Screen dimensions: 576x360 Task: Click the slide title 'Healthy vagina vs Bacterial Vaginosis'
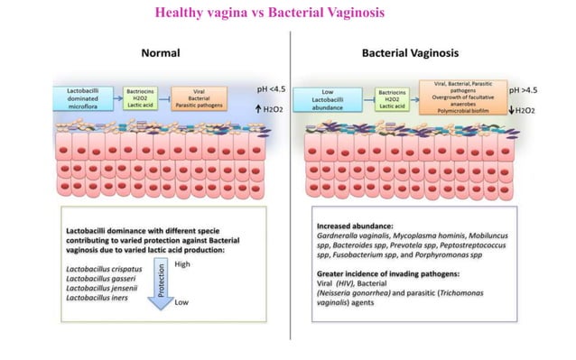[270, 14]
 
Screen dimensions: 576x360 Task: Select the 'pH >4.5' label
[526, 91]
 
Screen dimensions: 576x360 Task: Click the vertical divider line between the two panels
[288, 180]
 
